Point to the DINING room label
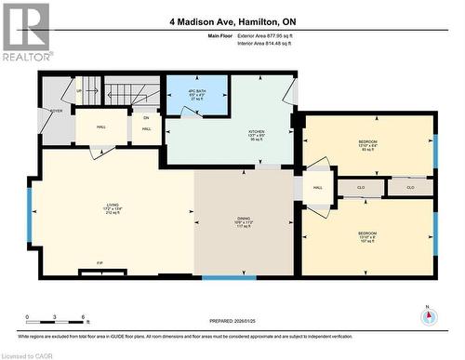point(244,223)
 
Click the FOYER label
point(57,110)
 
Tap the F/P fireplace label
point(100,263)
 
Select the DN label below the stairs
point(146,118)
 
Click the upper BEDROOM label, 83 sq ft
point(367,145)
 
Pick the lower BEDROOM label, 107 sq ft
point(367,235)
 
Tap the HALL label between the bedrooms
point(317,187)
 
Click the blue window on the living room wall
point(29,213)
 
